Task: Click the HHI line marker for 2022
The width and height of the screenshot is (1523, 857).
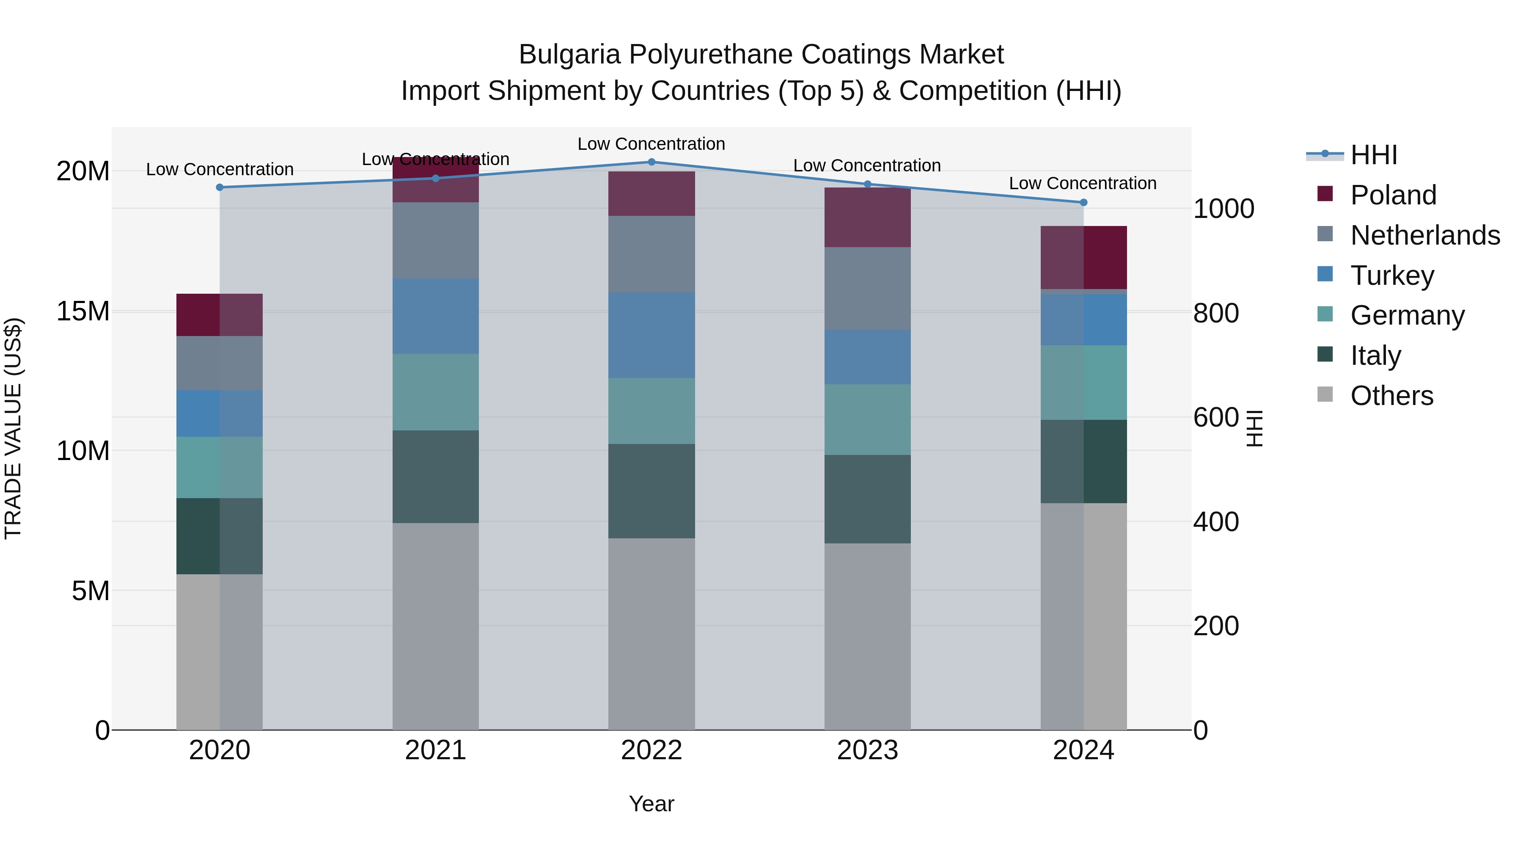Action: click(652, 162)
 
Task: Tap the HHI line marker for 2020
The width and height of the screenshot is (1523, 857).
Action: click(220, 187)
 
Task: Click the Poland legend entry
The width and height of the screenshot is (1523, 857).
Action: click(1393, 195)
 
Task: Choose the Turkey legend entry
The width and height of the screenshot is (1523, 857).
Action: click(1392, 276)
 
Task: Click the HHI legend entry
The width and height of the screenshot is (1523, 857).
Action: click(1373, 155)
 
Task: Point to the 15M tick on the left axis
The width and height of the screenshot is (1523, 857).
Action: click(83, 311)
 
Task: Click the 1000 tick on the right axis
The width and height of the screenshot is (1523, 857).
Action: click(1223, 209)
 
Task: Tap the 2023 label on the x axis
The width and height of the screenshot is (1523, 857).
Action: click(867, 750)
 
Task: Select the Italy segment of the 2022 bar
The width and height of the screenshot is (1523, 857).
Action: click(652, 491)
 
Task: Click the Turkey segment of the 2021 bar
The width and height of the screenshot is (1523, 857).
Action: click(436, 317)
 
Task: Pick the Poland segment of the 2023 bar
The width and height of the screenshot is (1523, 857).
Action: click(867, 218)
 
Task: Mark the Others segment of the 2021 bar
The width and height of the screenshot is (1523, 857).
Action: click(436, 626)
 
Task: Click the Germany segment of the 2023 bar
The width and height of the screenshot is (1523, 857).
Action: click(867, 419)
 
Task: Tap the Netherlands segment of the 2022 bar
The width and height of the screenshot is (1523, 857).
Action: click(652, 254)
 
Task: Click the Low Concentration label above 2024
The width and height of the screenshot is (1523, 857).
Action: click(1083, 183)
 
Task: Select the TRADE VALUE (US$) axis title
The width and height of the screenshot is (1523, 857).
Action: click(13, 428)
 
